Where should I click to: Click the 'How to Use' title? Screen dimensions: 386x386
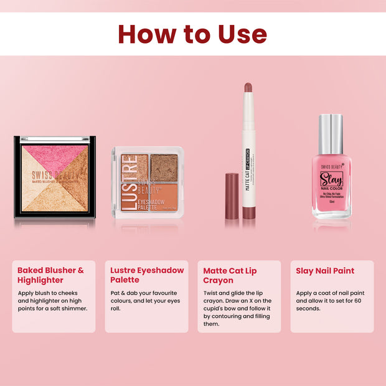pos(192,34)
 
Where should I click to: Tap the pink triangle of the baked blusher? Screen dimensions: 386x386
pos(55,153)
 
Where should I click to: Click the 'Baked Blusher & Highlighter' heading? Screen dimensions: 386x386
pos(50,275)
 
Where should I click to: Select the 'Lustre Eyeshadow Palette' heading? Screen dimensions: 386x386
pos(147,275)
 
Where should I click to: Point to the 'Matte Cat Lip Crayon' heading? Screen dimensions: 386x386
pos(230,275)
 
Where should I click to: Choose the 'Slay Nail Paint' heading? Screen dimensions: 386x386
pos(324,270)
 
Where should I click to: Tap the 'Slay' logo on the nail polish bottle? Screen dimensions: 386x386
pos(331,180)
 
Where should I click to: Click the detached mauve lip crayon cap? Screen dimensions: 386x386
pos(232,196)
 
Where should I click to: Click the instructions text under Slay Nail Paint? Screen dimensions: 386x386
pos(331,301)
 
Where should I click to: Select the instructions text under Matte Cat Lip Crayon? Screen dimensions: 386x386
pos(238,308)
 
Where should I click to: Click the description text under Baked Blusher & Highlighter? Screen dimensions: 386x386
pos(52,300)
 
